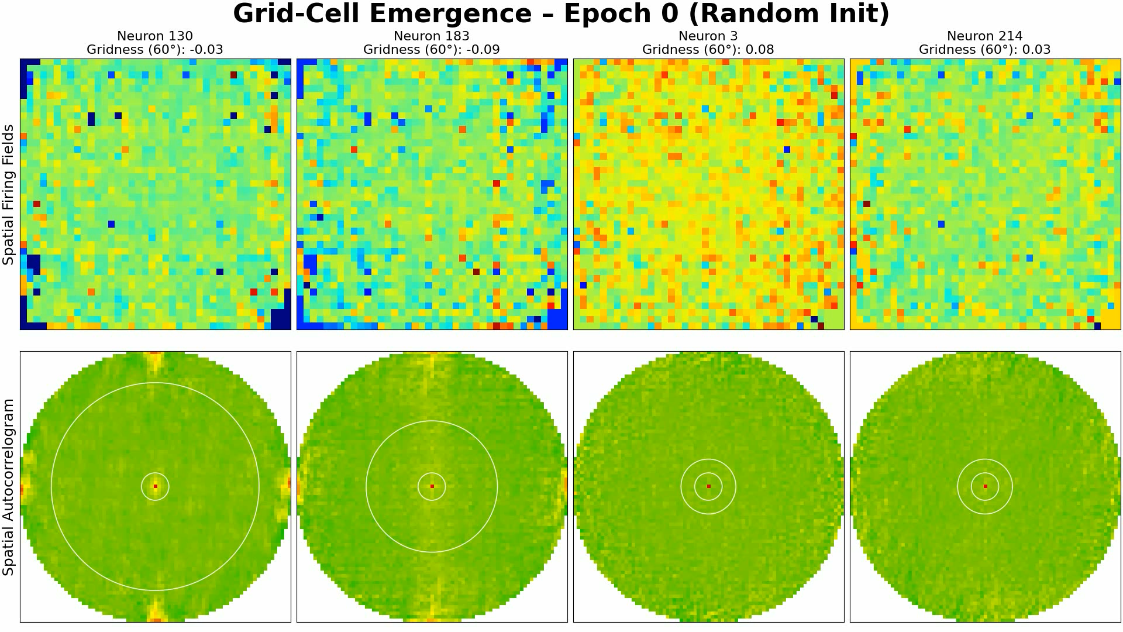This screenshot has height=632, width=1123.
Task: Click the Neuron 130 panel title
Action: [x=155, y=36]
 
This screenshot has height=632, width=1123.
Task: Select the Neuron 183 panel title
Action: [x=432, y=36]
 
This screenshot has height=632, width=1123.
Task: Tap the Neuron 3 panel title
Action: [x=708, y=36]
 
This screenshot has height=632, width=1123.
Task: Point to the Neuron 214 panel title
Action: [x=985, y=36]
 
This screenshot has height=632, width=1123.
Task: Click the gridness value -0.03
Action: [x=206, y=50]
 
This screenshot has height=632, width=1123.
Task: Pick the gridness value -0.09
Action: [x=483, y=50]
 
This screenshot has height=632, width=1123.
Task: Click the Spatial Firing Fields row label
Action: [x=8, y=194]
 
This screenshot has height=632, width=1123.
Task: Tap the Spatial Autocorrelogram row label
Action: [x=8, y=487]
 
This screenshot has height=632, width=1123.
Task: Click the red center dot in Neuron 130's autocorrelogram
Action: [x=156, y=486]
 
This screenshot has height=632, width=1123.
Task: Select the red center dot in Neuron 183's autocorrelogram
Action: [x=432, y=486]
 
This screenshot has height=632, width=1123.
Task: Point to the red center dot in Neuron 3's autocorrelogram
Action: [x=709, y=486]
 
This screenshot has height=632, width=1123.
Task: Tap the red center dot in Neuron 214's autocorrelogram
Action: [x=986, y=486]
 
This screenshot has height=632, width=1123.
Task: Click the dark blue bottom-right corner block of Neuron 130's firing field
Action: [x=281, y=319]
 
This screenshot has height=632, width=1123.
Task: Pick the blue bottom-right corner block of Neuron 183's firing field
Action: [x=557, y=319]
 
